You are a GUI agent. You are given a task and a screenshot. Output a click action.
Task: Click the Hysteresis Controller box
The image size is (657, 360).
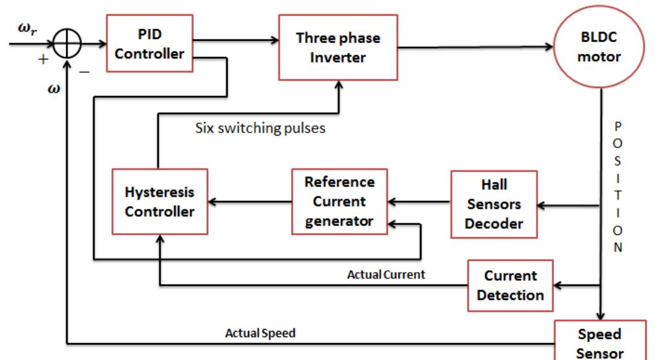coord(159,202)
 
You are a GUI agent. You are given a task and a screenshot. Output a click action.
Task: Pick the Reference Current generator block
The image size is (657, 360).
coord(338,202)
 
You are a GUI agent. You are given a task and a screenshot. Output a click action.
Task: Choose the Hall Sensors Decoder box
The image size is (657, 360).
coord(493,202)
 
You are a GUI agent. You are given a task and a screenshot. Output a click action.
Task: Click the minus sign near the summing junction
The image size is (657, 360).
coord(85,72)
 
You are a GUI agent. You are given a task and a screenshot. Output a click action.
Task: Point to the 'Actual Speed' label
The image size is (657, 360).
coord(260,332)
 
